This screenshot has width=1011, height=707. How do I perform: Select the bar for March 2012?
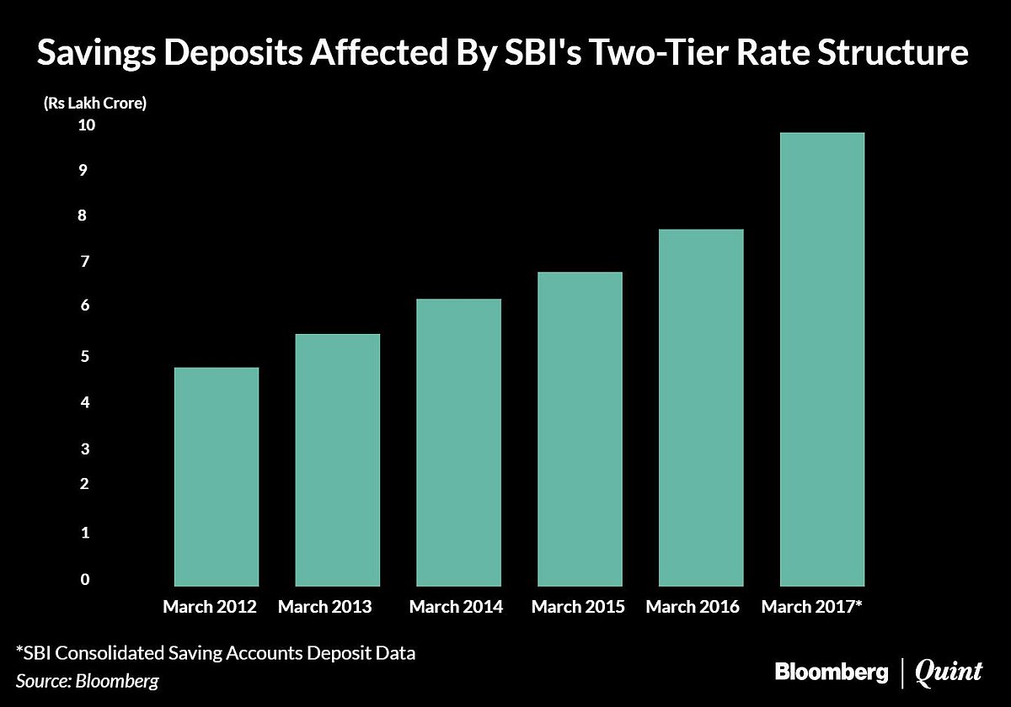pos(217,476)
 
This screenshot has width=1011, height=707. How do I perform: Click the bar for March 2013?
pos(338,460)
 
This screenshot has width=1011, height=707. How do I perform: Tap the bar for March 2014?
pos(459,442)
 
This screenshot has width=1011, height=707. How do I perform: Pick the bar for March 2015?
pos(580,428)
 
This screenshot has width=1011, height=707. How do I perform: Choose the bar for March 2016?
pos(701,407)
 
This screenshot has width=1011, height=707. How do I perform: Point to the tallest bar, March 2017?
pos(822,359)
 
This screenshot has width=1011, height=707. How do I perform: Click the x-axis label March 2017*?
pos(812,606)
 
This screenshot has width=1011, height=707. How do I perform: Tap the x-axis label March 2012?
pos(210,606)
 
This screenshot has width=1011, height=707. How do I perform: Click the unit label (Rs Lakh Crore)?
pos(94,104)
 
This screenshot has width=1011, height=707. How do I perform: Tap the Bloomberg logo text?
pos(832,672)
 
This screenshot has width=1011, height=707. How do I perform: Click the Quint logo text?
pos(949,672)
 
